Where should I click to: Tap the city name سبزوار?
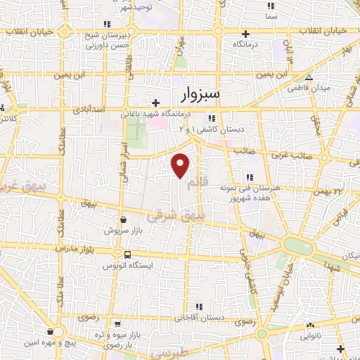point(195,93)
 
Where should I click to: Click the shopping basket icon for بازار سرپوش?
point(124,219)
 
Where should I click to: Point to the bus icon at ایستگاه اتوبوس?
point(127,255)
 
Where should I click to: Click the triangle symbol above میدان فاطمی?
point(309,77)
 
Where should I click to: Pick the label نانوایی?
point(311,337)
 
